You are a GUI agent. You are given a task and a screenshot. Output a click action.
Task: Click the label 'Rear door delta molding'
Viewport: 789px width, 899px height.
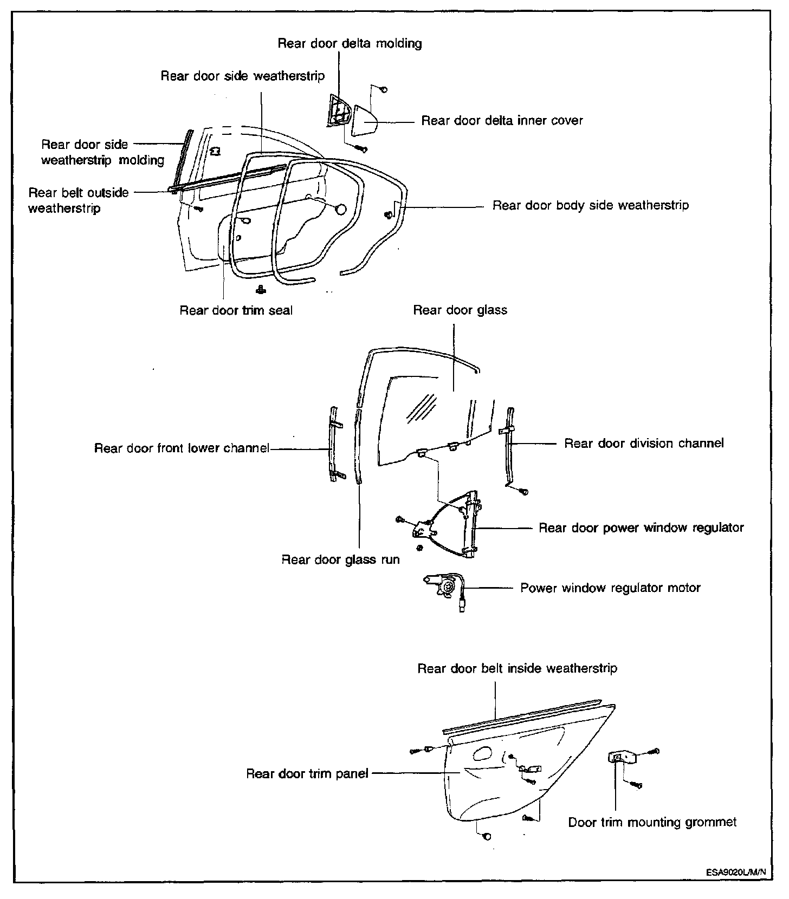[350, 43]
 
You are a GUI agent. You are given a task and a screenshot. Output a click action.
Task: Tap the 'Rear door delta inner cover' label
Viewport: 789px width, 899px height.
[502, 120]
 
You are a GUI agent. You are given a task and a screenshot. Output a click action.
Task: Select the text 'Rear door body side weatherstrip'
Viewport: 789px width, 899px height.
[590, 206]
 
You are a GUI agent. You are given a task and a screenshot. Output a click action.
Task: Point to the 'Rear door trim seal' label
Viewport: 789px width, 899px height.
[236, 310]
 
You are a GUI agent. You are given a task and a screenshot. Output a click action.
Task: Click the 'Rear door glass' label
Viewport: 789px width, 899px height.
[460, 310]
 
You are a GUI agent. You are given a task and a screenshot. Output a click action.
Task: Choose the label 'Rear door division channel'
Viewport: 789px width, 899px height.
[644, 444]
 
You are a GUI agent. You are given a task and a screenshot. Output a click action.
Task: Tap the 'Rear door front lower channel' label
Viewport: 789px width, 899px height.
[182, 448]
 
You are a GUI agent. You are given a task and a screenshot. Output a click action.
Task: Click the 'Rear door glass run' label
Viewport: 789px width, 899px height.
[340, 559]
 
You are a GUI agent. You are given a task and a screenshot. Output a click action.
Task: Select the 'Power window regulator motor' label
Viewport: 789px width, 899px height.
[610, 588]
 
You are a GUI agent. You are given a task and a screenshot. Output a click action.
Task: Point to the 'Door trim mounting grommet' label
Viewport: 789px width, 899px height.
[652, 823]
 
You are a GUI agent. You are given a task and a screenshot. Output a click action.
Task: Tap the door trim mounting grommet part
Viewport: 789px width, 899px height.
[618, 757]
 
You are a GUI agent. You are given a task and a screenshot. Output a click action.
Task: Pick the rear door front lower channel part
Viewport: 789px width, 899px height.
[335, 443]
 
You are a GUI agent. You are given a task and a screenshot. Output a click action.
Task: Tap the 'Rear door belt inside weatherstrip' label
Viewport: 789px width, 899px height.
[517, 669]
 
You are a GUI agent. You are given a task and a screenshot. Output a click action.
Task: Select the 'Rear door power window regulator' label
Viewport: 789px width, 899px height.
[641, 528]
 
